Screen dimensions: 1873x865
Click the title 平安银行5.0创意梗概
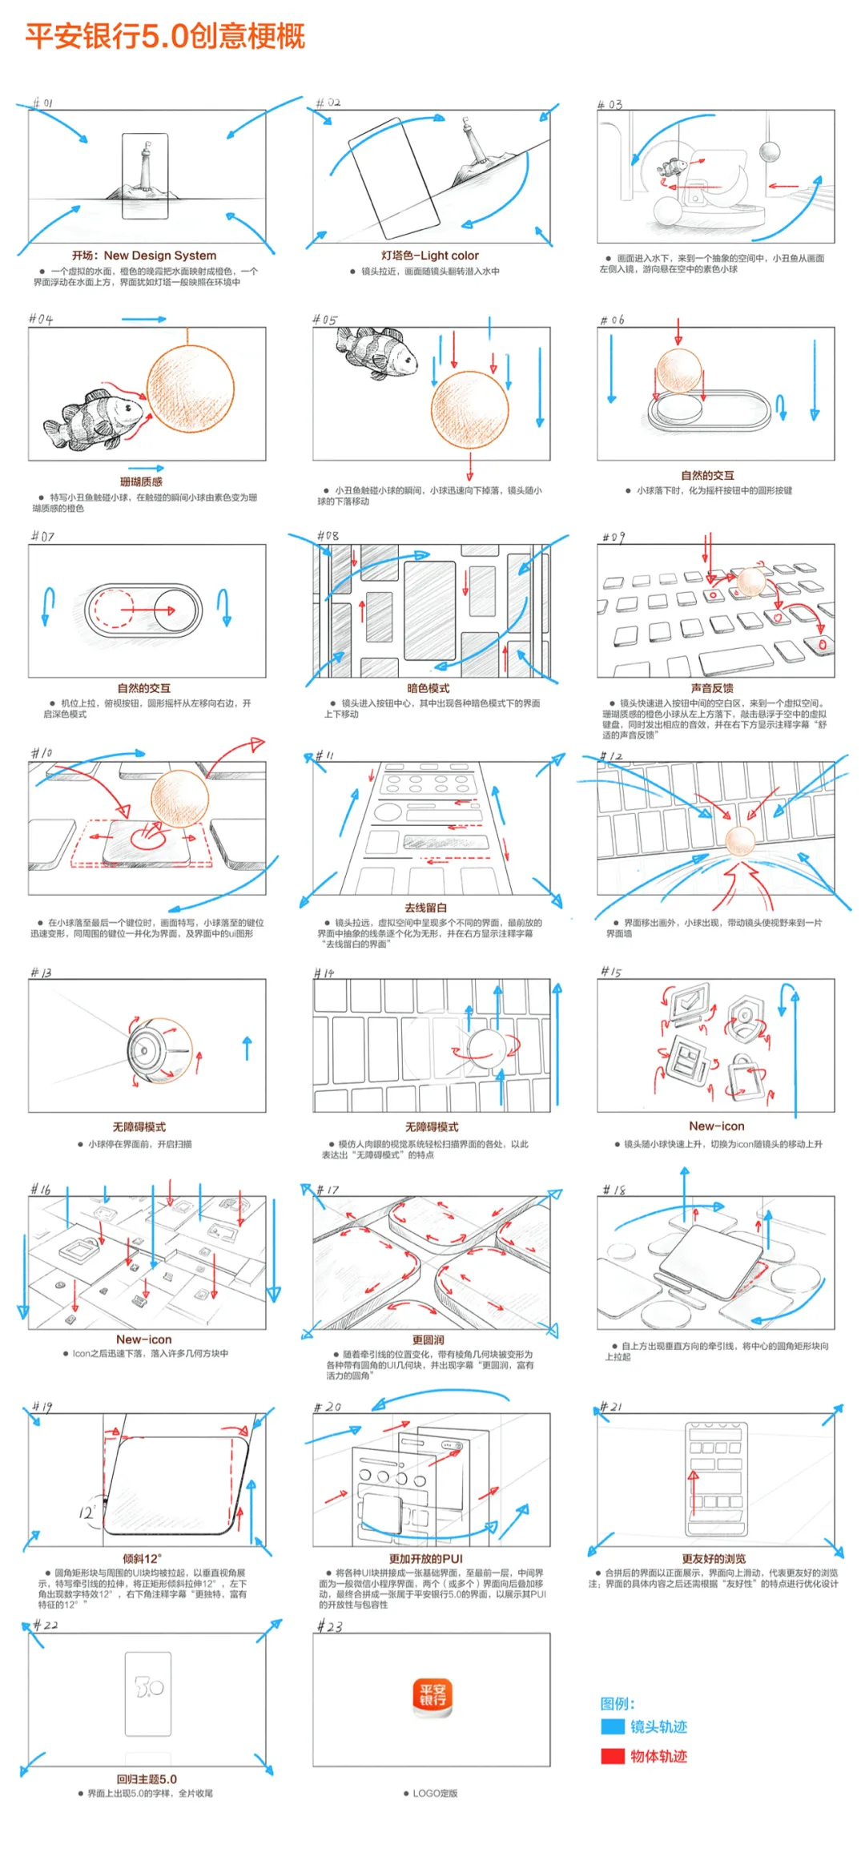pos(165,36)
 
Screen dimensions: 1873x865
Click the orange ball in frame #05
pos(469,409)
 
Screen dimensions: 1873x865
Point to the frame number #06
pos(612,320)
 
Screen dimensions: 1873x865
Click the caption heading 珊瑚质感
pos(141,481)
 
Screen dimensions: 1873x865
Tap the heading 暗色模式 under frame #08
pos(428,688)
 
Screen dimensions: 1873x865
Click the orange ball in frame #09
pos(750,581)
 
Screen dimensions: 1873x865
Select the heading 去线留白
pos(425,908)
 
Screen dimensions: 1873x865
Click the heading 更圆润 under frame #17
pos(428,1339)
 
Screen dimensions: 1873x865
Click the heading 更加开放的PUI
pos(426,1558)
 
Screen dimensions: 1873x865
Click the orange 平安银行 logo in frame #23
pos(432,1698)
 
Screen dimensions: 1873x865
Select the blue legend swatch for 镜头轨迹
pos(613,1726)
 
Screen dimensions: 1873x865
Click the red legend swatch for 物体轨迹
pos(613,1756)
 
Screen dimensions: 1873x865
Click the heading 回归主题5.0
pos(147,1778)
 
